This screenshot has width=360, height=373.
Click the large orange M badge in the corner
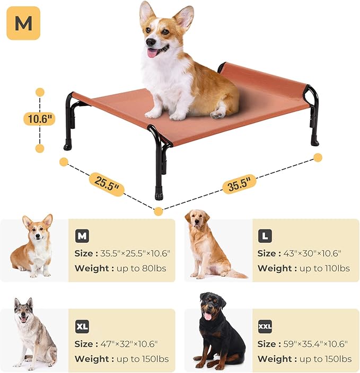click(23, 23)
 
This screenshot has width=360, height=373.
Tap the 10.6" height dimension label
click(39, 119)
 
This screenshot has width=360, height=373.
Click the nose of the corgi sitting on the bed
click(151, 43)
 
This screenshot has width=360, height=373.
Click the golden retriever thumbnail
click(210, 244)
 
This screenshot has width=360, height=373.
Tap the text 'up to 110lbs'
click(324, 269)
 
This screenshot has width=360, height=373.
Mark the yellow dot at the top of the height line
click(40, 92)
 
